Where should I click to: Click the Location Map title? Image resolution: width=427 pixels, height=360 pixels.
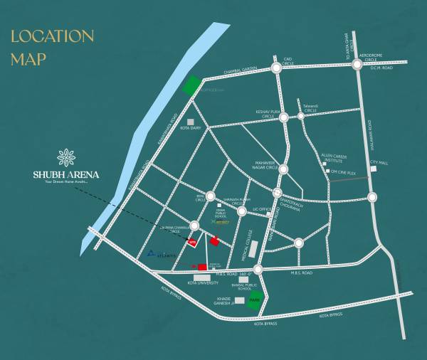(x=52, y=46)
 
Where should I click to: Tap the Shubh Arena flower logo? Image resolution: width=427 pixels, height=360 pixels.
(x=65, y=157)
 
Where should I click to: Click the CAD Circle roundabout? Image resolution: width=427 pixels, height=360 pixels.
(x=276, y=68)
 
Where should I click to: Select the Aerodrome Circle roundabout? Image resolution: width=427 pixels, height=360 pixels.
(x=357, y=65)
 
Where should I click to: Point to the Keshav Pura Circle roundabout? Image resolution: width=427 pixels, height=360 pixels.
(x=283, y=117)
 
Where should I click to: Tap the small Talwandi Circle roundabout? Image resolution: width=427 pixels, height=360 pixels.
(x=302, y=117)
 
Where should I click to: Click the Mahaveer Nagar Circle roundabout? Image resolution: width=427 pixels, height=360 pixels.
(x=283, y=169)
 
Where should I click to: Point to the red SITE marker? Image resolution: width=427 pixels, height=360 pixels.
(x=192, y=242)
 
